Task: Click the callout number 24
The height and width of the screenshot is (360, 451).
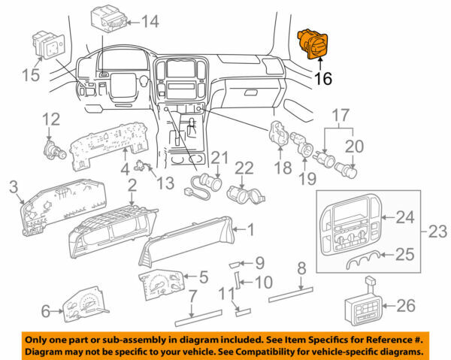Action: click(x=405, y=218)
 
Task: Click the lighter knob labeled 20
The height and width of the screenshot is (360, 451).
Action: click(x=349, y=170)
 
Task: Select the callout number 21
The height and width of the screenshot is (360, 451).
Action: click(x=219, y=159)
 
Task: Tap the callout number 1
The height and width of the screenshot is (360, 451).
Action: click(x=251, y=229)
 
